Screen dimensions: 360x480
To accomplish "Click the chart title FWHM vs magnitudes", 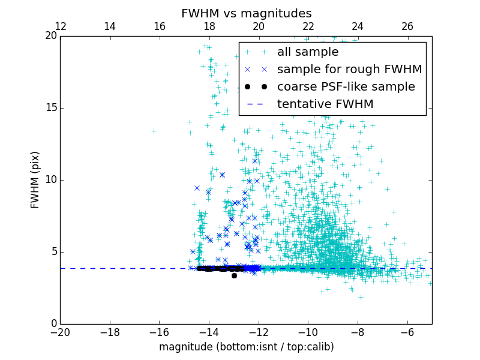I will [x=246, y=13].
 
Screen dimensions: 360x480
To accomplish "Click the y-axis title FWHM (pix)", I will [x=35, y=180].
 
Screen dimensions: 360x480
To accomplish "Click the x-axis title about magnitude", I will [x=246, y=347].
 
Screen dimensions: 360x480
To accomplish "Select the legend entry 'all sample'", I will [x=308, y=52].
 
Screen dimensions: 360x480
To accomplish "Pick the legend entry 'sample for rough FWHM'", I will [x=349, y=70].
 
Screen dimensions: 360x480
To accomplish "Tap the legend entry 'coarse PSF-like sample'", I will [x=346, y=87].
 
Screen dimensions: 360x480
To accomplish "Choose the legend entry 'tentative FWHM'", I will [x=325, y=104].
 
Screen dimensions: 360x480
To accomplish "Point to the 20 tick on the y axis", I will [x=50, y=36].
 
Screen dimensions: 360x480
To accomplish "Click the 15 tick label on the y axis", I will [x=50, y=108].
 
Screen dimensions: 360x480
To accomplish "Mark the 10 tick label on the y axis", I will [x=50, y=180].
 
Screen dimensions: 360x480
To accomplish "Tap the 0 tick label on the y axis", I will [x=53, y=324].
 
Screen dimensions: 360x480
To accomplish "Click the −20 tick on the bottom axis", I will [x=61, y=332].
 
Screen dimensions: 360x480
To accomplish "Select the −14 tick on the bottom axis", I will [x=209, y=332].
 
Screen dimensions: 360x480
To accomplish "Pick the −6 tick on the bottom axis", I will [x=407, y=332].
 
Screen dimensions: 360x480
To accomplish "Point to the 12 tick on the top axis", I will [x=61, y=26].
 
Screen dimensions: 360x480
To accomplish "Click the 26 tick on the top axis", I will [x=407, y=26].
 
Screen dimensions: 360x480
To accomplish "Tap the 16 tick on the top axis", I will [x=160, y=26].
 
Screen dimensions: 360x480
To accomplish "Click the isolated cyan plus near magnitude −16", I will [x=154, y=131].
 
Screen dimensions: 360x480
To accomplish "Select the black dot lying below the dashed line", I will [x=234, y=275].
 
